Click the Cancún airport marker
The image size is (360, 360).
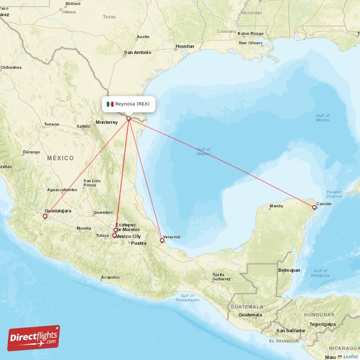point(314,207)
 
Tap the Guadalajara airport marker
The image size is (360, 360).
point(45,216)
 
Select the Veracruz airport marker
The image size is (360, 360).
point(162,240)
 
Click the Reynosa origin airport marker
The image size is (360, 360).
point(129,119)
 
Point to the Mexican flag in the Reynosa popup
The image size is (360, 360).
point(110,104)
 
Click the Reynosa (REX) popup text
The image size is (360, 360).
point(132,104)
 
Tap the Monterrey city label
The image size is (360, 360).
point(107,122)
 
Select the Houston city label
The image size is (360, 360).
point(184,46)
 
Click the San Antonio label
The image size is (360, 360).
point(137,52)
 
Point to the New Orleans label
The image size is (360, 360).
point(251,43)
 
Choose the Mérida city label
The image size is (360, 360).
point(276,207)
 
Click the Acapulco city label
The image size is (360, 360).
point(110,277)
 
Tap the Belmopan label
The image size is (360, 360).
point(289,270)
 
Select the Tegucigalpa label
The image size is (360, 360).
point(322,324)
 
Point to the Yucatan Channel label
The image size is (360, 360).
point(333,194)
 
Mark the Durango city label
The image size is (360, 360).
point(31,152)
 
